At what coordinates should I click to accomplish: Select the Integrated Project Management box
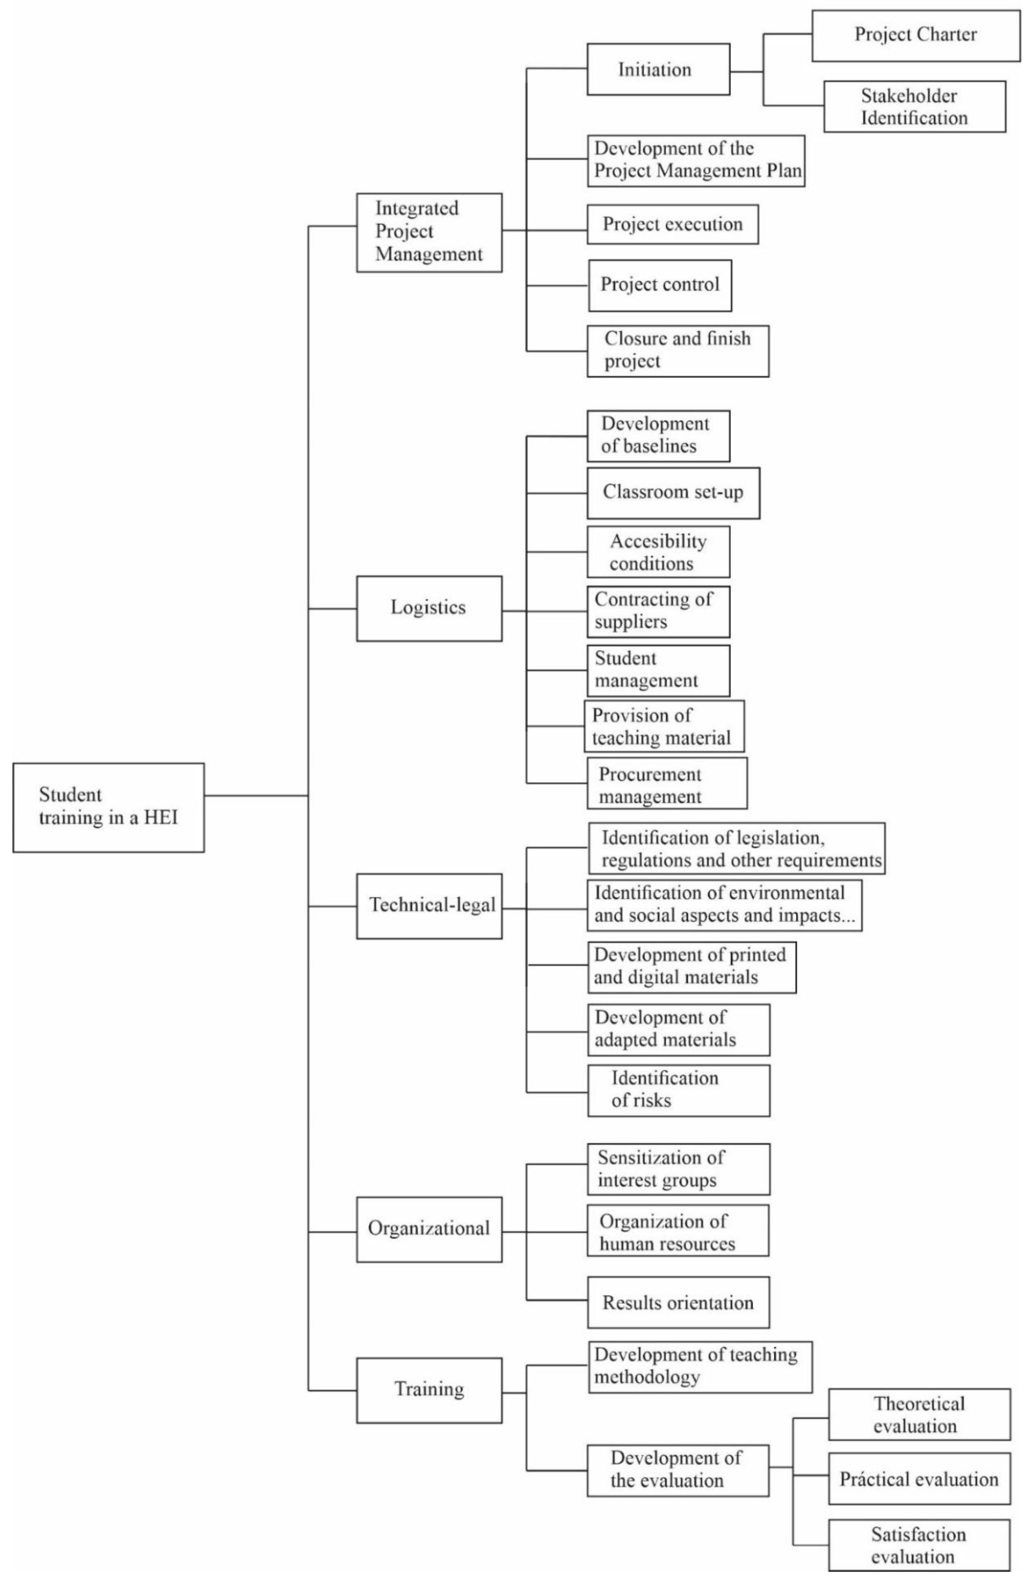(429, 232)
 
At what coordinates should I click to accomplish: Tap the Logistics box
(429, 608)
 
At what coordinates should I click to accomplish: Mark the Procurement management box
(667, 783)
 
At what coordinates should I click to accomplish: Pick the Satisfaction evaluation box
(919, 1545)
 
